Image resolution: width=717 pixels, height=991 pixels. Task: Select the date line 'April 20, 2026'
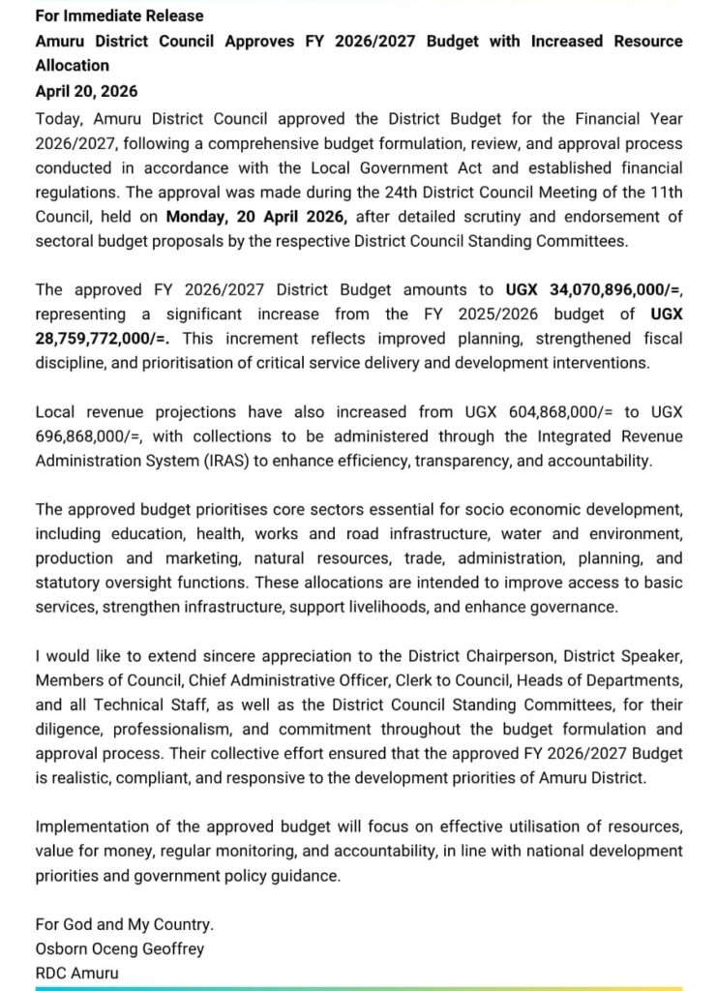86,91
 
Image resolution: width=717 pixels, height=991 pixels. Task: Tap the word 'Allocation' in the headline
73,66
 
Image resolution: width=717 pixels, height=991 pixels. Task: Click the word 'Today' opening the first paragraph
57,119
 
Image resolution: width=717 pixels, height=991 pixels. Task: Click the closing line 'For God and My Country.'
125,924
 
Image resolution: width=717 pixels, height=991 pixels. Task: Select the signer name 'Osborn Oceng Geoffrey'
120,948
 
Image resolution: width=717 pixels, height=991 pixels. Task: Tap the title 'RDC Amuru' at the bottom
77,973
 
